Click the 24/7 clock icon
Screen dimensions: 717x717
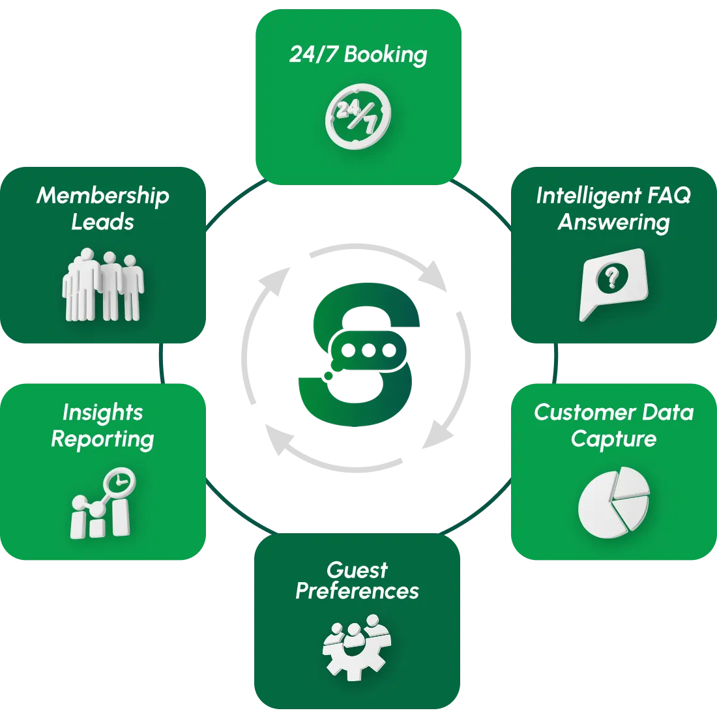coord(358,117)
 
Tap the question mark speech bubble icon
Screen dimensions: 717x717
coord(613,283)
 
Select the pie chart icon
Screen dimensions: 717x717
coord(613,502)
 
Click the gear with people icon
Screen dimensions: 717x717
coord(357,646)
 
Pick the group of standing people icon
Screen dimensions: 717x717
coord(103,285)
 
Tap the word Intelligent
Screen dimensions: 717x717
coord(579,195)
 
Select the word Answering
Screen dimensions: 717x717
coord(613,222)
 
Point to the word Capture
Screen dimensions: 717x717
coord(613,439)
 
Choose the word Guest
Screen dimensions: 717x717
coord(357,570)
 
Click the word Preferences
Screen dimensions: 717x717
coord(357,591)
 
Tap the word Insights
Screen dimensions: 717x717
coord(102,412)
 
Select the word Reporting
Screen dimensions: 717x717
coord(102,439)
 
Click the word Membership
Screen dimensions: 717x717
coord(103,195)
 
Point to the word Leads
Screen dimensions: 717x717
coord(103,222)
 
